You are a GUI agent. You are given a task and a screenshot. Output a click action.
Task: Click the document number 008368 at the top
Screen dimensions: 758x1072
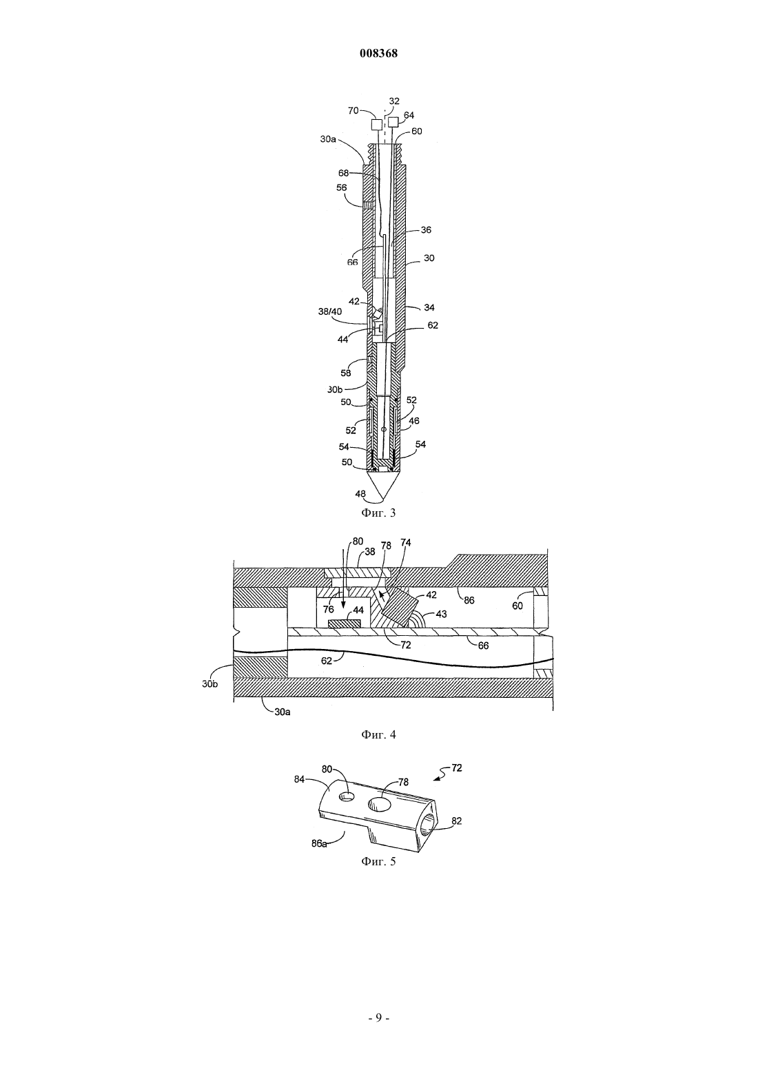click(378, 53)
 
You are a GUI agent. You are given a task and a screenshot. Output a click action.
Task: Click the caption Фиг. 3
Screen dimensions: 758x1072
click(378, 513)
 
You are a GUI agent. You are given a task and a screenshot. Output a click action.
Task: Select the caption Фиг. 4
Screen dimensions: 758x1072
click(378, 734)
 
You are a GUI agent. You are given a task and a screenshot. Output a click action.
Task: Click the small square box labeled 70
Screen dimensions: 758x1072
click(377, 125)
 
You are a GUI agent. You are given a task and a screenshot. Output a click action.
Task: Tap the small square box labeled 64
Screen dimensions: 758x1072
click(393, 123)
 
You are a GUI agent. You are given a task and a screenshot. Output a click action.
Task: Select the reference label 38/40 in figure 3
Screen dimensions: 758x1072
click(330, 311)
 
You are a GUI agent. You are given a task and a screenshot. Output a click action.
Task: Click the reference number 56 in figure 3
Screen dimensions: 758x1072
click(341, 188)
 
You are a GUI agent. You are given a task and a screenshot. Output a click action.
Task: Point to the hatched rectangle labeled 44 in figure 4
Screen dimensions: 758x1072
click(344, 623)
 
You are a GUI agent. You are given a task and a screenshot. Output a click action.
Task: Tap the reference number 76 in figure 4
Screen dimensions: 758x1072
click(328, 610)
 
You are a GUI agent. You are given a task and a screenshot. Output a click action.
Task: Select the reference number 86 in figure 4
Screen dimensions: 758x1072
click(469, 600)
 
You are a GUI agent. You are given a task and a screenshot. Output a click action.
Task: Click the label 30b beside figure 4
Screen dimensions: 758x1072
click(209, 684)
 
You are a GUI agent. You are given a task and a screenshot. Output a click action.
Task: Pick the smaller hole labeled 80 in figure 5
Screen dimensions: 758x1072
click(347, 796)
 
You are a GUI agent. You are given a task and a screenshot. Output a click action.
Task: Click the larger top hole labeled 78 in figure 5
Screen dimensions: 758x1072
click(379, 804)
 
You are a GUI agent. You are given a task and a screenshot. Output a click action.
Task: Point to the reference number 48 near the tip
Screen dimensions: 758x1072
click(360, 493)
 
